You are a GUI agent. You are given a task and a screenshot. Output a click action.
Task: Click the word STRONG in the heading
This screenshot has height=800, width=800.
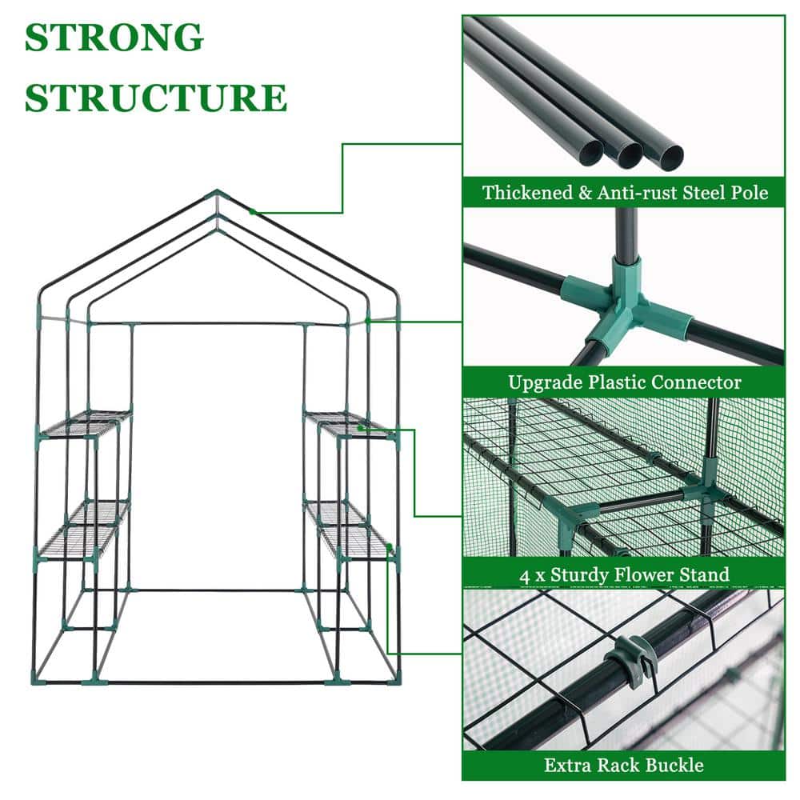coord(114,38)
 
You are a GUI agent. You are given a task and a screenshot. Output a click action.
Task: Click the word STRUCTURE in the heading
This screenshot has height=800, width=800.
coord(155,97)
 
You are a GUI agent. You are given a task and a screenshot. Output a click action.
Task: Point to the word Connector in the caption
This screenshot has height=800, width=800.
coord(695,382)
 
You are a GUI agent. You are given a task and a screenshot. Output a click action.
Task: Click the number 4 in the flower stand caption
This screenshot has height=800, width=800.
coord(524,574)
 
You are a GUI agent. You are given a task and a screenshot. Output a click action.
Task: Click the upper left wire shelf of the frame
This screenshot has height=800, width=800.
coord(86,423)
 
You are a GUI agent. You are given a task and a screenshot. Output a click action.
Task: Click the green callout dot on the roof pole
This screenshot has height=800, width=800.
coord(252,212)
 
